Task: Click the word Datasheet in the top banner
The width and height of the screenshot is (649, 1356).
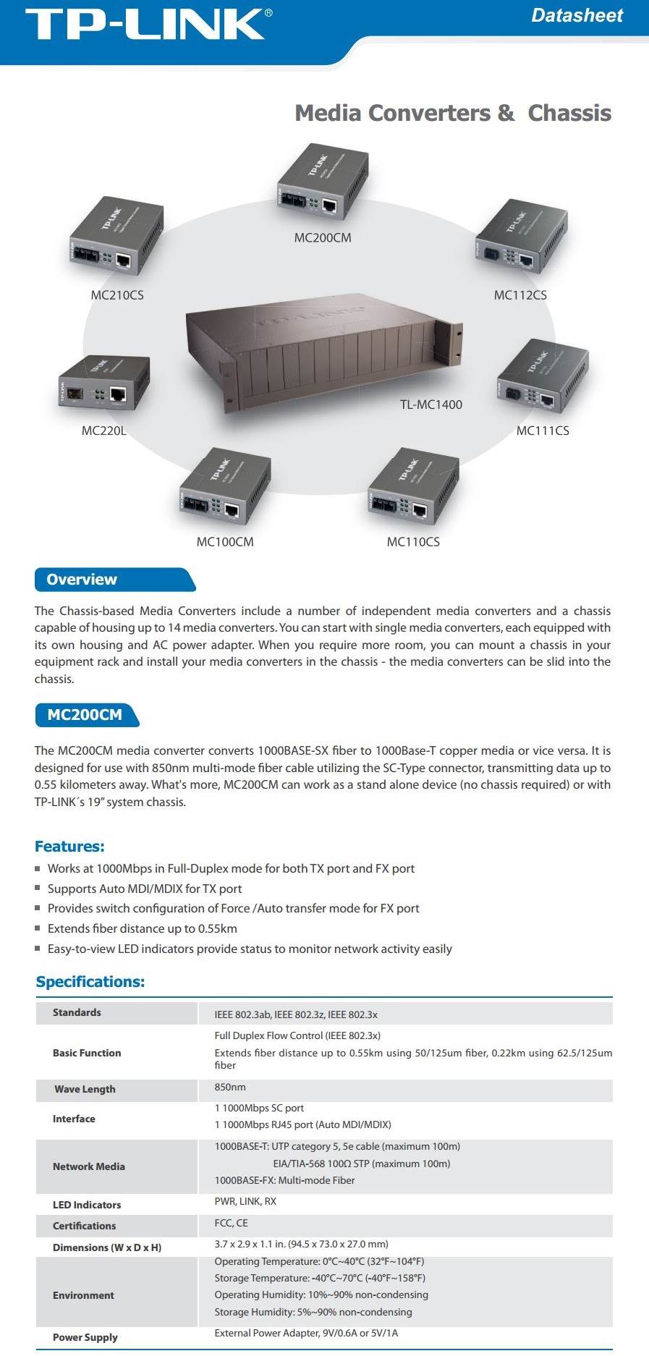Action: (577, 15)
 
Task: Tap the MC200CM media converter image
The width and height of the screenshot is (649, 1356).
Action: (323, 185)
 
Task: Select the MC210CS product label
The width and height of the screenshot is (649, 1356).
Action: (117, 295)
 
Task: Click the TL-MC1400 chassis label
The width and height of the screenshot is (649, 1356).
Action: (431, 404)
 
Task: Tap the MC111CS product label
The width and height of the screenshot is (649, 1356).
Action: (543, 431)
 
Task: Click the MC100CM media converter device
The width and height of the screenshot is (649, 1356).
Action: (225, 489)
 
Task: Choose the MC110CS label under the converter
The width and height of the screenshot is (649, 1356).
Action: (413, 542)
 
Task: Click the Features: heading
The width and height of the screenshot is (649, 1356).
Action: (69, 847)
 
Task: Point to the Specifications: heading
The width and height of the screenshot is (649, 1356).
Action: (90, 982)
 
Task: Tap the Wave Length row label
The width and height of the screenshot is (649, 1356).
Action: (85, 1089)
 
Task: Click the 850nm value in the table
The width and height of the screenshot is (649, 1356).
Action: (230, 1087)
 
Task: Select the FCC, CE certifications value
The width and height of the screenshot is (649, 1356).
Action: (231, 1223)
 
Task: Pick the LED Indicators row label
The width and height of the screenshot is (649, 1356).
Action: (87, 1205)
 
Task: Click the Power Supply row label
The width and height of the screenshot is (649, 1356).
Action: (85, 1337)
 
